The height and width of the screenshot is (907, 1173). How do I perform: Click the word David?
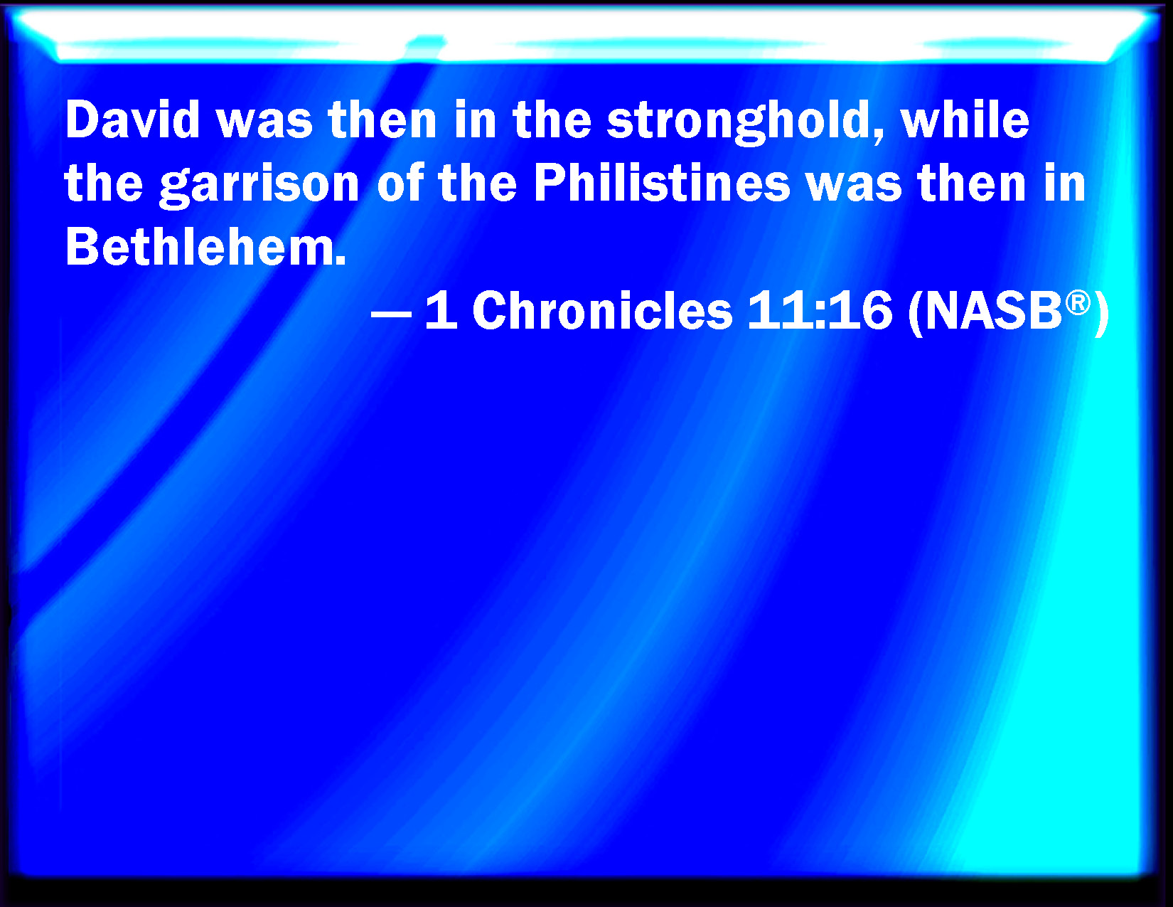point(133,120)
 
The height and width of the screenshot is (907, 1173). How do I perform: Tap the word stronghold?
point(739,121)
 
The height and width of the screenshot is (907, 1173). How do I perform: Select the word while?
point(965,120)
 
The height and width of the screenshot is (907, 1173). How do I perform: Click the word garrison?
point(259,185)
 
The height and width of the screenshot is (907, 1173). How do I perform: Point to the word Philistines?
point(662,184)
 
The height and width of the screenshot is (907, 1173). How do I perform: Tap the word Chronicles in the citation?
point(602,311)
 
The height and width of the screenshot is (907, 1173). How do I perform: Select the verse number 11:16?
point(820,311)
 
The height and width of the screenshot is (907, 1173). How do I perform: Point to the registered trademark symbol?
point(1078,302)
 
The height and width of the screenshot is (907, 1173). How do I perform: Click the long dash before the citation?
point(391,314)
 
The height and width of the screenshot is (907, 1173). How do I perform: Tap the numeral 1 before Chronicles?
point(441,311)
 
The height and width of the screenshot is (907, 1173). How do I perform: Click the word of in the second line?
point(400,184)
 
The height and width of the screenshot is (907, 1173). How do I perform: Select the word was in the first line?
point(264,121)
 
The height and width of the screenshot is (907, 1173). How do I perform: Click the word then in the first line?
point(382,120)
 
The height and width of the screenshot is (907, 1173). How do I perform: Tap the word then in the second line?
point(972,184)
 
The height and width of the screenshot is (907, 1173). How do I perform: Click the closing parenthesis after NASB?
point(1102,313)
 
